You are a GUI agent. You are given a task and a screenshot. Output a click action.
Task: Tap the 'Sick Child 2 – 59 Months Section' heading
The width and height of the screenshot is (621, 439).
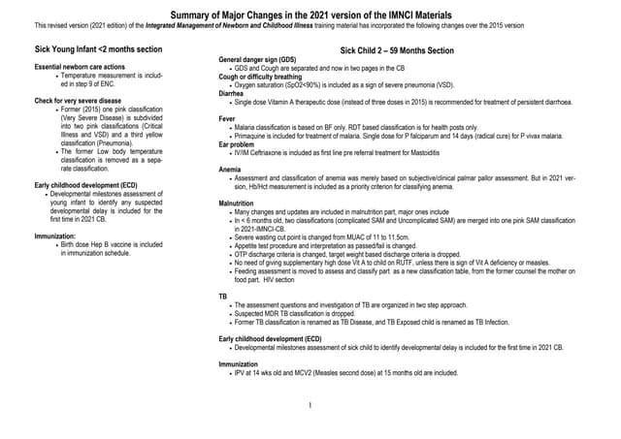tap(397, 49)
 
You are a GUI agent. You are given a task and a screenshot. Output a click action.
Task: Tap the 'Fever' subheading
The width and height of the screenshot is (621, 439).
tap(229, 118)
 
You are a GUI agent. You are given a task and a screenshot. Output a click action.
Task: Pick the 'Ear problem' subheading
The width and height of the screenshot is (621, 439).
tap(240, 143)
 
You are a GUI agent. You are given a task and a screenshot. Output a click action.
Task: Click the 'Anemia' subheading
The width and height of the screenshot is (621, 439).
tap(232, 170)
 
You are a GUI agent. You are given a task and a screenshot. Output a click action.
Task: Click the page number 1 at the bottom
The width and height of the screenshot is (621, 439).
tap(308, 404)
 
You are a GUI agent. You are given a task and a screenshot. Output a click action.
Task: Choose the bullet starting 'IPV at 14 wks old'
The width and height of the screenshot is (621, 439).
tap(345, 372)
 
